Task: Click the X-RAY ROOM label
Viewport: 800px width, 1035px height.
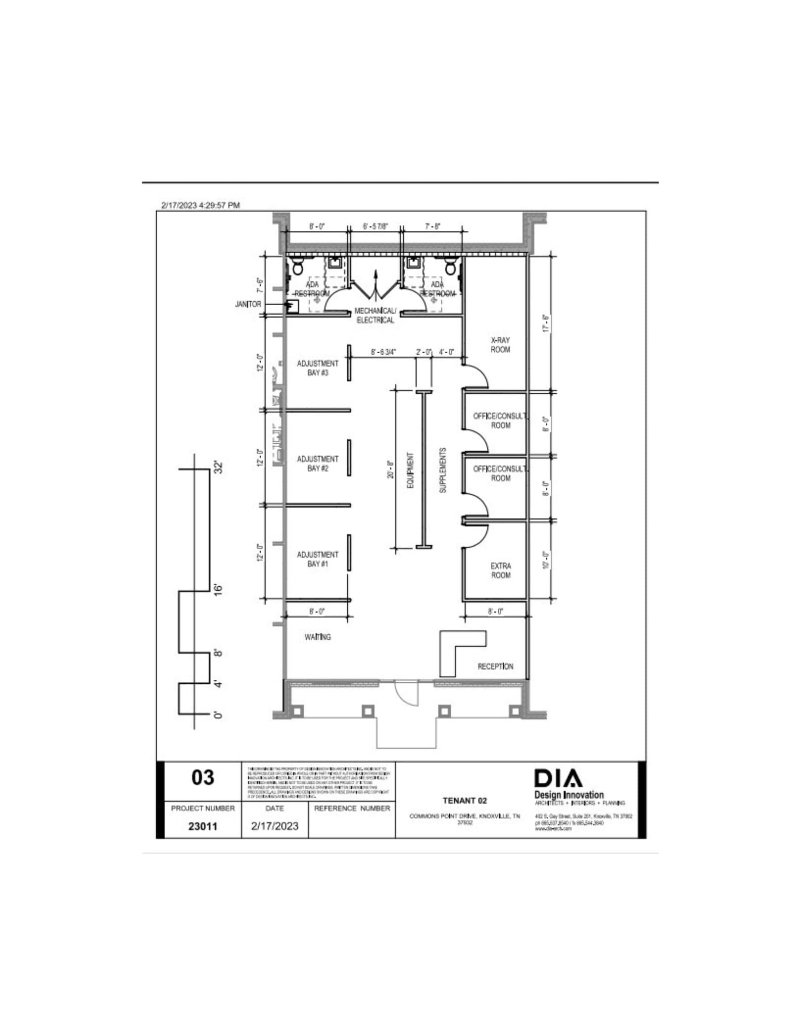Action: click(x=500, y=345)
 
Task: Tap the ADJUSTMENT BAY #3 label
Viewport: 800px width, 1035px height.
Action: click(x=317, y=368)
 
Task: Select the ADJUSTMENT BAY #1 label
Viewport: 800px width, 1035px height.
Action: click(x=317, y=559)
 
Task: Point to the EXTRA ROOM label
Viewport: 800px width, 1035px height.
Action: click(x=500, y=570)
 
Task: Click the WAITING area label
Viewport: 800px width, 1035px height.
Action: click(x=317, y=637)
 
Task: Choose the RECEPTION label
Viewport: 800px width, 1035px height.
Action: click(x=495, y=666)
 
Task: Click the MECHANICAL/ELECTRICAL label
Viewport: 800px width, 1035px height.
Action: click(x=375, y=315)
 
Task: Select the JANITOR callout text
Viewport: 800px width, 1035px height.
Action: click(x=248, y=304)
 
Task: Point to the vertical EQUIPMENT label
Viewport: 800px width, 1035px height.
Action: click(x=410, y=470)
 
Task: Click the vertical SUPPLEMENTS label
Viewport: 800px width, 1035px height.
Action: click(x=443, y=470)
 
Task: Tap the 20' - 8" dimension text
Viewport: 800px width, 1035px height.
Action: click(x=390, y=469)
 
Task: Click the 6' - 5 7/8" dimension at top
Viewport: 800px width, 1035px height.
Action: click(x=375, y=227)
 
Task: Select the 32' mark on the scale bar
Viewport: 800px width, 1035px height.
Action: click(x=218, y=467)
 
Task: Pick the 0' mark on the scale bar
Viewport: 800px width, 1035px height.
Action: click(x=218, y=714)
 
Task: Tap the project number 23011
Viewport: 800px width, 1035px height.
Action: click(x=203, y=826)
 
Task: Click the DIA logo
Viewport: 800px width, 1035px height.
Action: click(x=558, y=779)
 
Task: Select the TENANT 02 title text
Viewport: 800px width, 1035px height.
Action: click(x=464, y=801)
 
